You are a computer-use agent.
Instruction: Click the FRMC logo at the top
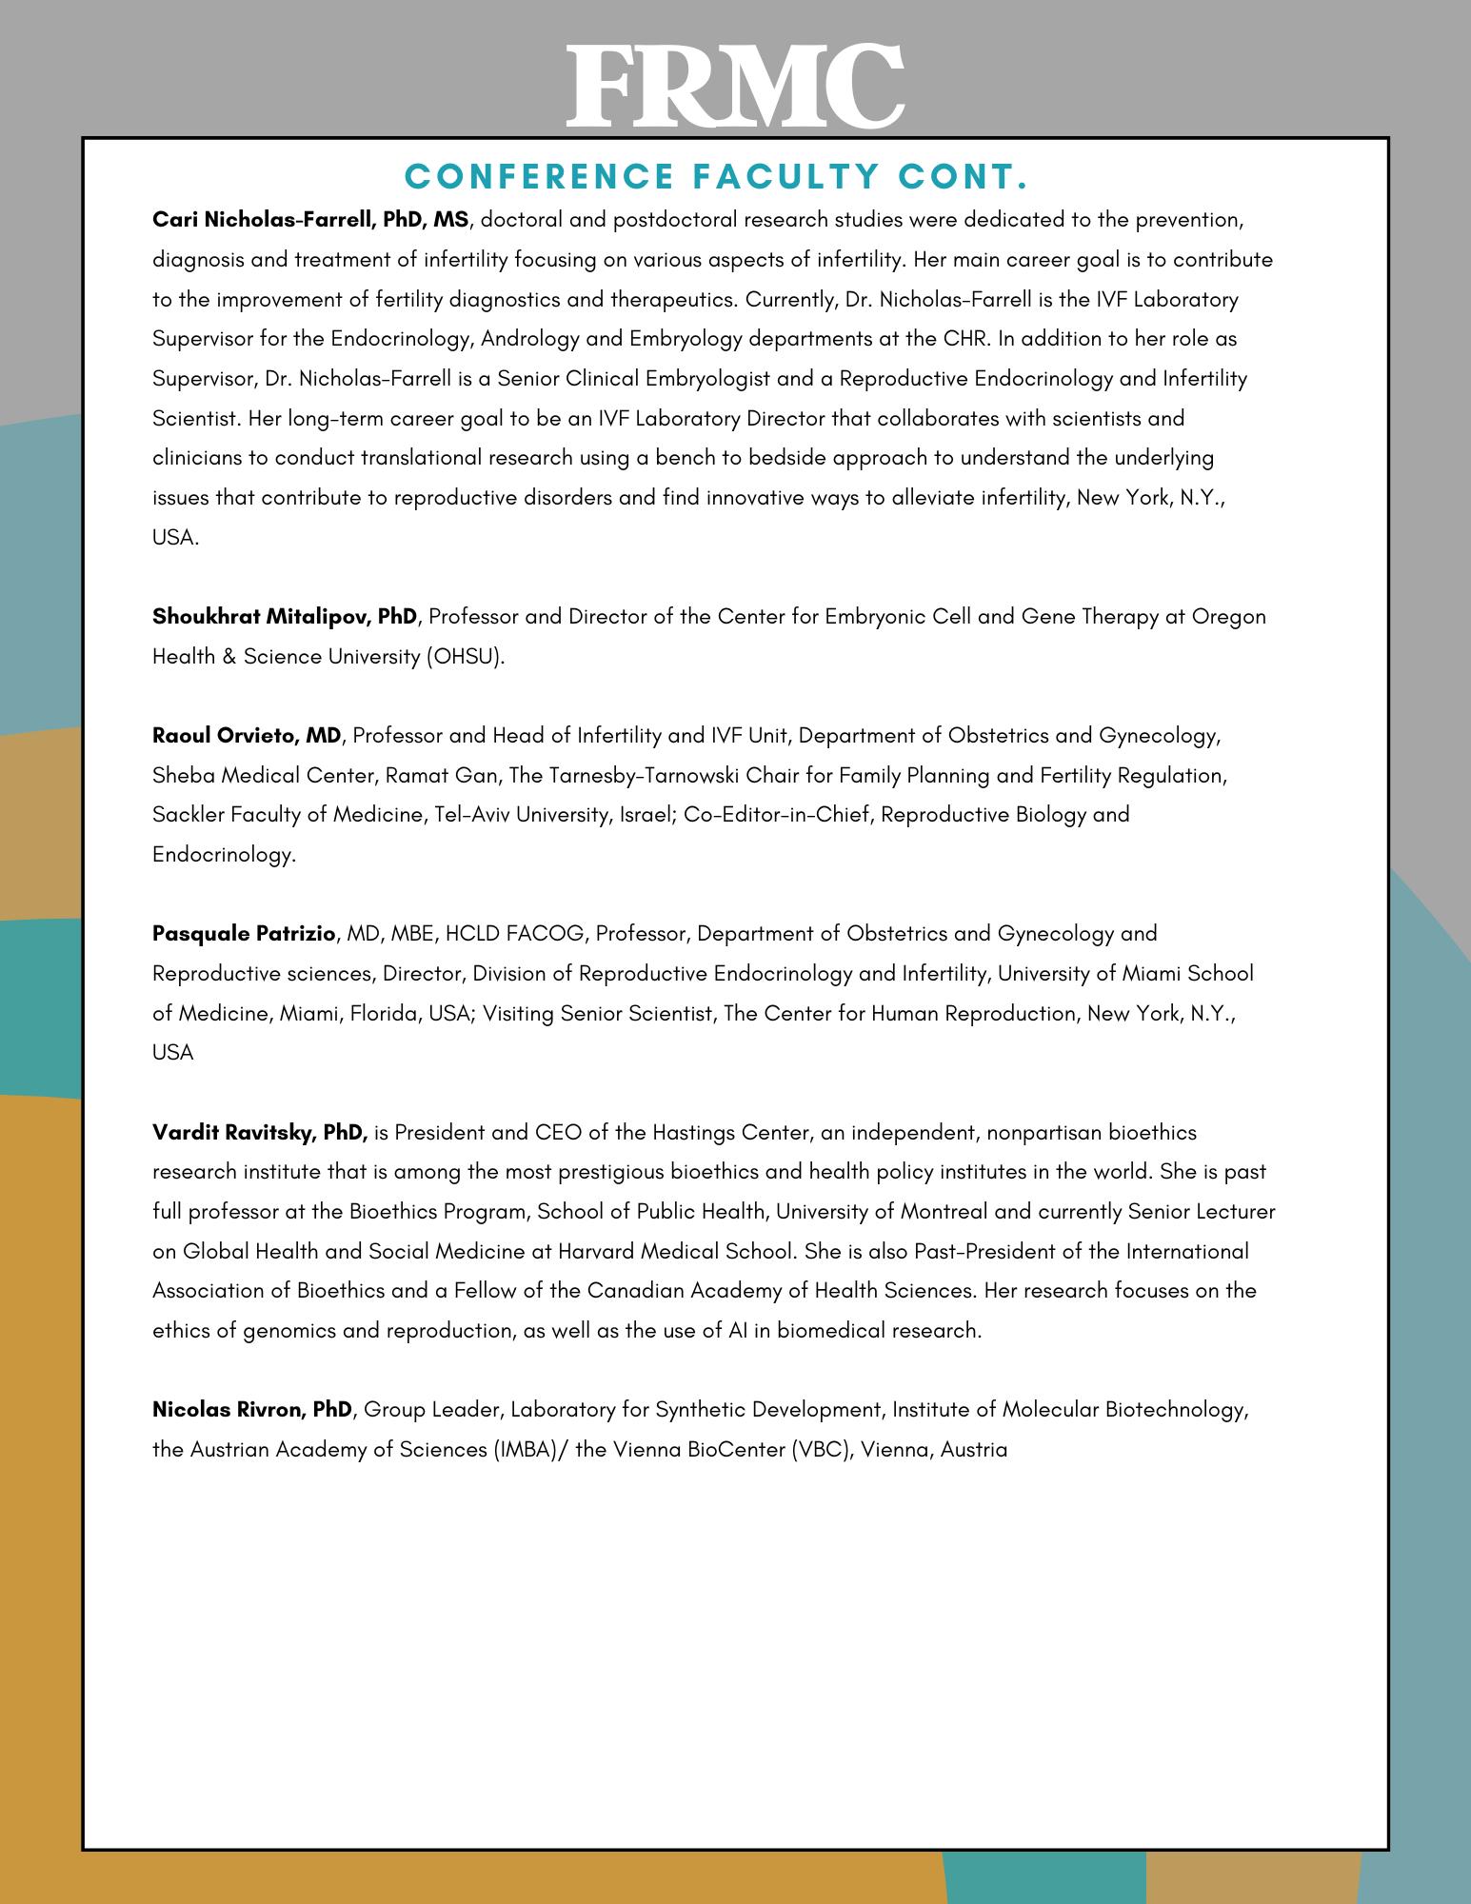pos(735,86)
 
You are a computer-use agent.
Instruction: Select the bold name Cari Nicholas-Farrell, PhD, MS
pos(310,220)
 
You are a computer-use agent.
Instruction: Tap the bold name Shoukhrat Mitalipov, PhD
pos(285,616)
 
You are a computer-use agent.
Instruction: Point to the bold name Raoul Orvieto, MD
pos(247,735)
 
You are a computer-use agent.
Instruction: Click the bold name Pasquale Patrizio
pos(244,933)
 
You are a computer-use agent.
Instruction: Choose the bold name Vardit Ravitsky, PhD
pos(260,1132)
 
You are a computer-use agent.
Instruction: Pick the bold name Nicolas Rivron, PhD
pos(252,1409)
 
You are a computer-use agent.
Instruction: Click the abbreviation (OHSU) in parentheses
pos(466,656)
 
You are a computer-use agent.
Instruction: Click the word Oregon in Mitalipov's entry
pos(1229,616)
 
